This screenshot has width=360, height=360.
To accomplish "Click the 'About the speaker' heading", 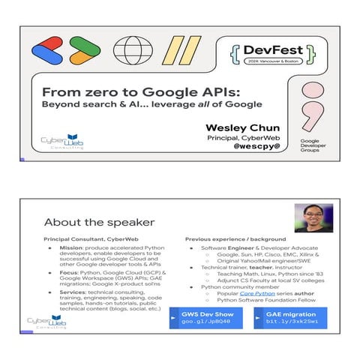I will (99, 222).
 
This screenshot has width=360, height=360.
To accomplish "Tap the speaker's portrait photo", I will (313, 217).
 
